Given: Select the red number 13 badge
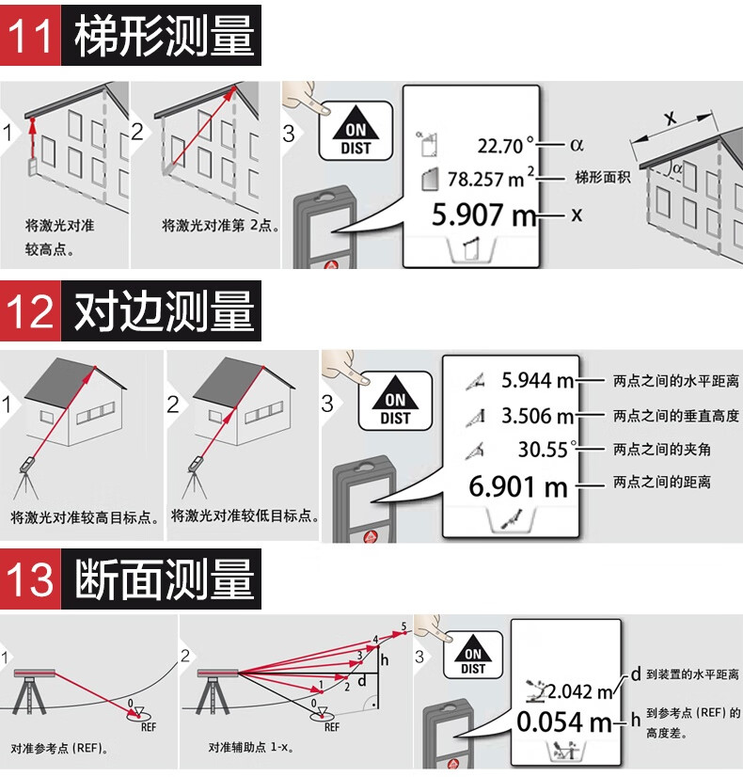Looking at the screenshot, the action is click(30, 579).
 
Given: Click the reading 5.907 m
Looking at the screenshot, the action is click(482, 214).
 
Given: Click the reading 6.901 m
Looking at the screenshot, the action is click(518, 486).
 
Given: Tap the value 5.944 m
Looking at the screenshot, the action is click(537, 380).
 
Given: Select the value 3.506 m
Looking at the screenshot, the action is click(537, 415).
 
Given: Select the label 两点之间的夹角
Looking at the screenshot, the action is click(662, 450).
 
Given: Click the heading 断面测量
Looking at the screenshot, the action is click(165, 579).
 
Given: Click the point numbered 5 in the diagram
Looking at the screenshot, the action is click(403, 626).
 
